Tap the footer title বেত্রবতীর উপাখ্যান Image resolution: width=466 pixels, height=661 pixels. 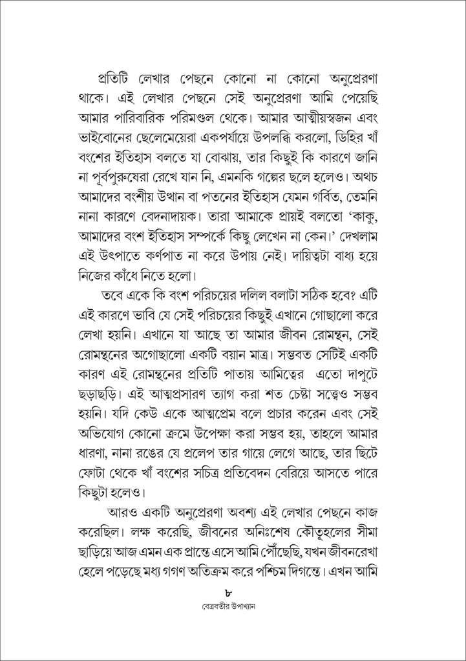point(233,608)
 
